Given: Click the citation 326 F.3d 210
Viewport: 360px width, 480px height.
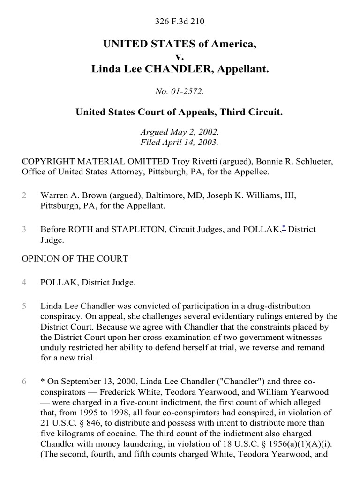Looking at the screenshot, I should coord(180,21).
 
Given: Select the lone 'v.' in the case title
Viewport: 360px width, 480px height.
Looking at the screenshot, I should coord(180,57).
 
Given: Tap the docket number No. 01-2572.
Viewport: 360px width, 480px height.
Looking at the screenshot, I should coord(180,91).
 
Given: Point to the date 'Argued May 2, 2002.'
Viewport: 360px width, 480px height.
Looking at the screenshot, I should coord(180,133).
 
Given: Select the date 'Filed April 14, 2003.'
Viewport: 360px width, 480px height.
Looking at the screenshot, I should coord(180,142).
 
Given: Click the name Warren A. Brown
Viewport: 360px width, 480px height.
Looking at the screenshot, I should coord(72,195).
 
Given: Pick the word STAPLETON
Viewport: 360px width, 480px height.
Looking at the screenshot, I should coord(127,230).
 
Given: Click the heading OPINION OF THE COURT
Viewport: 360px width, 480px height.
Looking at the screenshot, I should coord(75,259).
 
